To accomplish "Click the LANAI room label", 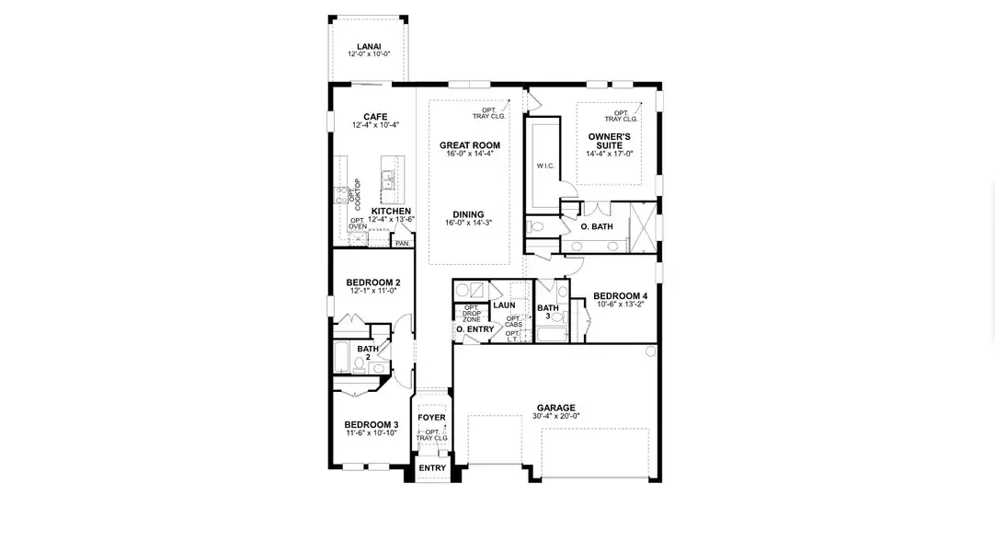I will coord(369,47).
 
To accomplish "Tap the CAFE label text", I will coord(374,117).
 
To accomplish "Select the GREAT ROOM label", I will coord(469,145).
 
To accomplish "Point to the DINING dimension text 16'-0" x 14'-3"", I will coord(468,223).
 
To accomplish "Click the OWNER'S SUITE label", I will coord(609,141).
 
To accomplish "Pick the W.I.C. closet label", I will coord(544,166).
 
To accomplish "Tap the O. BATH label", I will coord(596,226).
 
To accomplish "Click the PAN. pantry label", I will coord(401,244).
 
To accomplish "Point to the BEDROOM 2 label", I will coord(372,282).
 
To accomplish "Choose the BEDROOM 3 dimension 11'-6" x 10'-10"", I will coord(372,432).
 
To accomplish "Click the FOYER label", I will coord(431,418).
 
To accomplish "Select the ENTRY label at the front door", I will coord(431,468).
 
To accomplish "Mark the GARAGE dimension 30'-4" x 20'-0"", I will coord(556,416).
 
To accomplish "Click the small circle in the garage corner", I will coord(650,351).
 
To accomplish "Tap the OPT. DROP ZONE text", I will coord(471,313).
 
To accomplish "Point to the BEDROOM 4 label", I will coord(620,296).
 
